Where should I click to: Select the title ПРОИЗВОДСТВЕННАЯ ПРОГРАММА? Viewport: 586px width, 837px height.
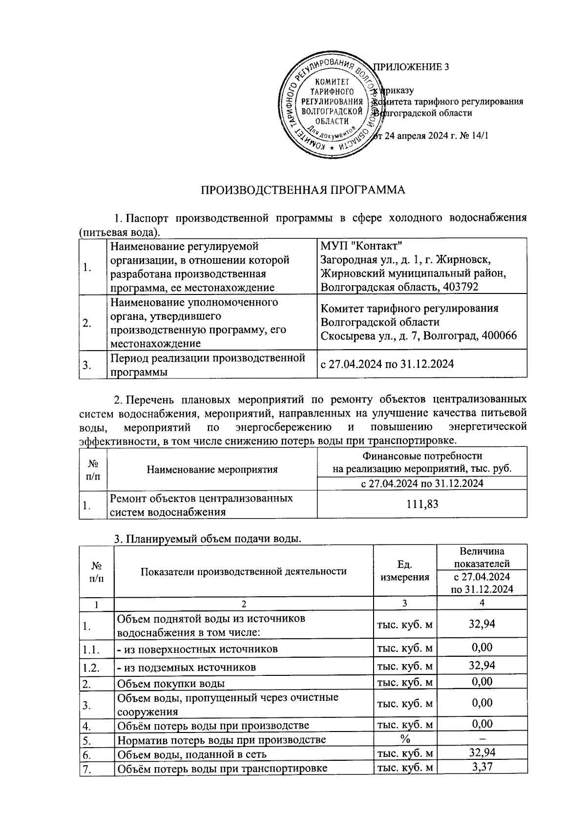point(303,189)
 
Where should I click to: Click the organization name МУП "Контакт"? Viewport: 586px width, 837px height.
point(361,245)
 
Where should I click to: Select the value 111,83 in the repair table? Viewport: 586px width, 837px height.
point(422,504)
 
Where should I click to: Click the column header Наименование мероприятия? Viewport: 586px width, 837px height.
point(212,470)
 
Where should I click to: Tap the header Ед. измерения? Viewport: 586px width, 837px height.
point(405,571)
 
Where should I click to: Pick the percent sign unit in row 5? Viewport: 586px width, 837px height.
point(405,739)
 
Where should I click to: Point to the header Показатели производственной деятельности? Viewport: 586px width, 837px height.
point(244,571)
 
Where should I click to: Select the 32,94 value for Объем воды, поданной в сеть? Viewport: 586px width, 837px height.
point(482,753)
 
